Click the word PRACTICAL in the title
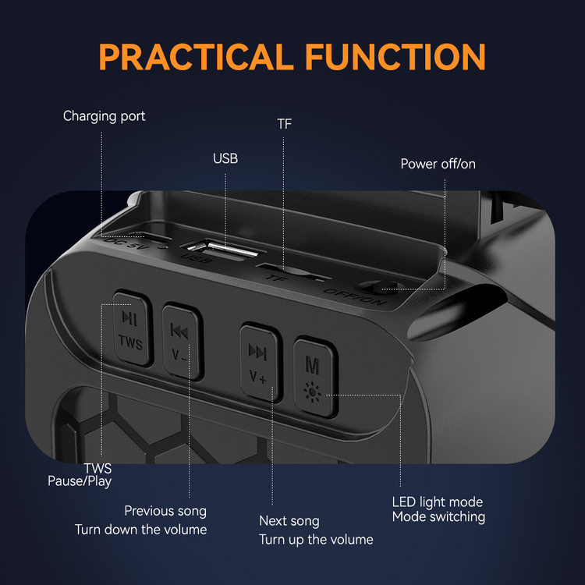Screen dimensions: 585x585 point(196,57)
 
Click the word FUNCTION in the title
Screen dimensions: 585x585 point(395,57)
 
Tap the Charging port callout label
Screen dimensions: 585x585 point(104,116)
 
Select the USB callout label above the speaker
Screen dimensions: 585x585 point(225,158)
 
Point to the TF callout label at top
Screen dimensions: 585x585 point(284,124)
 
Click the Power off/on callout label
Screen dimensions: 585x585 point(438,164)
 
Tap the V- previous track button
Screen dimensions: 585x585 point(183,341)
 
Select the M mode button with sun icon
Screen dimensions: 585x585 point(315,377)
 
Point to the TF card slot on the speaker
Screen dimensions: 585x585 point(292,272)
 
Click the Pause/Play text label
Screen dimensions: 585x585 point(80,481)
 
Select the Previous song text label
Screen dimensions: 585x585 point(165,511)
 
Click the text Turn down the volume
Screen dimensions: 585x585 point(140,530)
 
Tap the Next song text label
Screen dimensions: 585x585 point(289,521)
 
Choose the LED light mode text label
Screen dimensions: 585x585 point(438,502)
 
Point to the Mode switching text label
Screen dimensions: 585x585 point(438,517)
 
